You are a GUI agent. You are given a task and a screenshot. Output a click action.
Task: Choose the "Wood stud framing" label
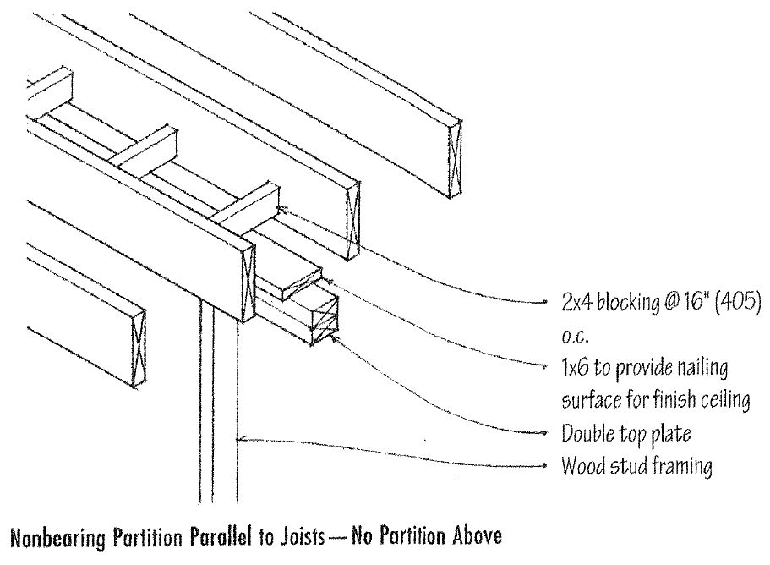(x=636, y=466)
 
